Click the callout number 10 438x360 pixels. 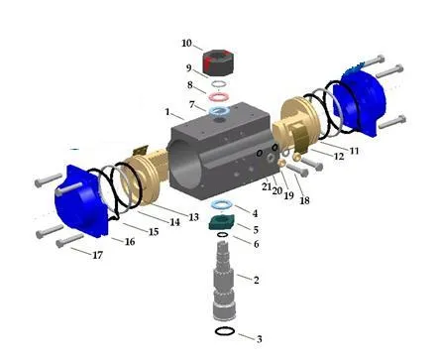pos(186,44)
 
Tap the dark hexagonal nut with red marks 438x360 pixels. pos(218,62)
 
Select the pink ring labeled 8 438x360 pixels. pos(218,97)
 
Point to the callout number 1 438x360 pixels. pos(167,112)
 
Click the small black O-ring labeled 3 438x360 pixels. pos(225,331)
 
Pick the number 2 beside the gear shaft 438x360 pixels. pos(256,280)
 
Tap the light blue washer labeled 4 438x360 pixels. pos(222,204)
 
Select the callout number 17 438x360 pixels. pos(97,255)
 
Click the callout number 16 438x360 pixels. pos(130,242)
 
